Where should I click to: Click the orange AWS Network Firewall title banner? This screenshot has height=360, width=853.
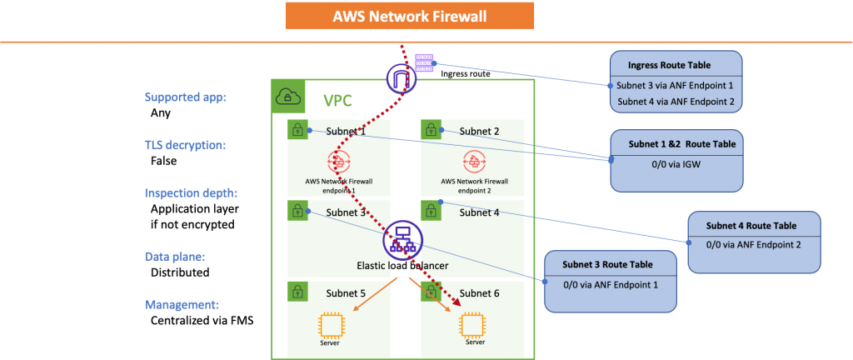click(410, 17)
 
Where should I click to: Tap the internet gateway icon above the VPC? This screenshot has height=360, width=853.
click(402, 77)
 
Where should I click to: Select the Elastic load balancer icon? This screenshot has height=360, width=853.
click(402, 241)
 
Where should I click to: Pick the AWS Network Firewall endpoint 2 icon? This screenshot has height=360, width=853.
click(473, 162)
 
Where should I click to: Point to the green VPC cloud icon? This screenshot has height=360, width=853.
click(287, 97)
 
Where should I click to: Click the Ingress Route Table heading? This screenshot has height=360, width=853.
click(669, 65)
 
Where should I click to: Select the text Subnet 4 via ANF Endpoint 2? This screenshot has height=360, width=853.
click(676, 101)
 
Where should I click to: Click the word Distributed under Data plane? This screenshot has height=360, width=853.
click(180, 272)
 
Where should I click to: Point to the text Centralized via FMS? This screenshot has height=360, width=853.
click(202, 320)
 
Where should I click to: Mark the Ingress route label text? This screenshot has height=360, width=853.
click(465, 73)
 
